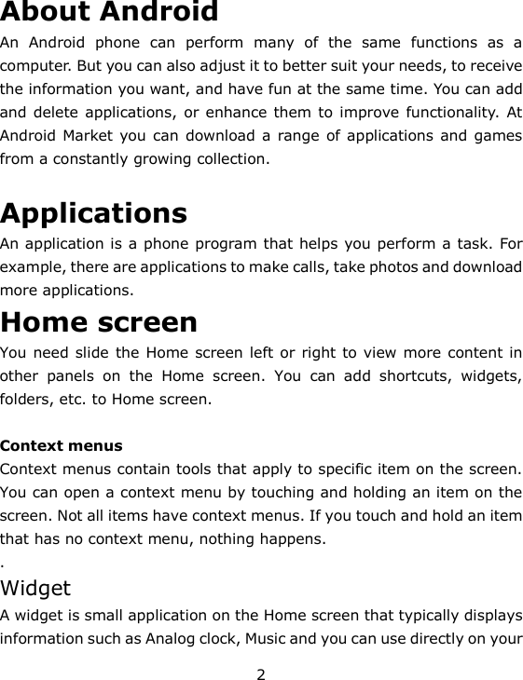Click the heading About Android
[110, 13]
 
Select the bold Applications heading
[93, 213]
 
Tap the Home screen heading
[99, 322]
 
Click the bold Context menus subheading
[62, 446]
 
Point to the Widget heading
[35, 589]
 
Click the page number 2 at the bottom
[262, 673]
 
